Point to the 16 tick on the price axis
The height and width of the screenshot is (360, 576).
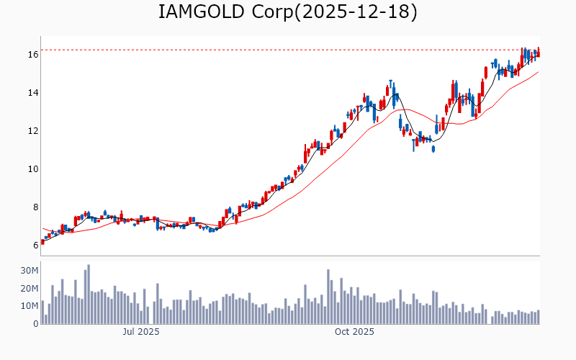tap(33, 55)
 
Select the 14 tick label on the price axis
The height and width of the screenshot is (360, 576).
tap(33, 93)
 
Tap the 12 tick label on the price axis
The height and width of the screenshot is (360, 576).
tap(33, 131)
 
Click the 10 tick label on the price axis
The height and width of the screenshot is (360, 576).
tap(33, 169)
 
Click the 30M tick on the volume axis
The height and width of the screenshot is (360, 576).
tap(30, 271)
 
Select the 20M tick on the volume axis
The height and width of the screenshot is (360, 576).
tap(30, 289)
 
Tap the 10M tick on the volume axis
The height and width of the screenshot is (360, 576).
tap(30, 306)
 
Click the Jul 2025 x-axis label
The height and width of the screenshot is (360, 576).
tap(141, 332)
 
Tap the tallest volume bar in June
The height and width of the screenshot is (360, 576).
tap(89, 294)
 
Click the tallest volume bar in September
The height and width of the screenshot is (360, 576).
tap(328, 297)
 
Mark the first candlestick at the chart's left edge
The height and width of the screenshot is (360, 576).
tap(42, 242)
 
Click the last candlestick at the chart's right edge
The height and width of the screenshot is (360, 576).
tap(538, 53)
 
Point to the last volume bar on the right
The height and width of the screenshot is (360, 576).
tap(538, 317)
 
